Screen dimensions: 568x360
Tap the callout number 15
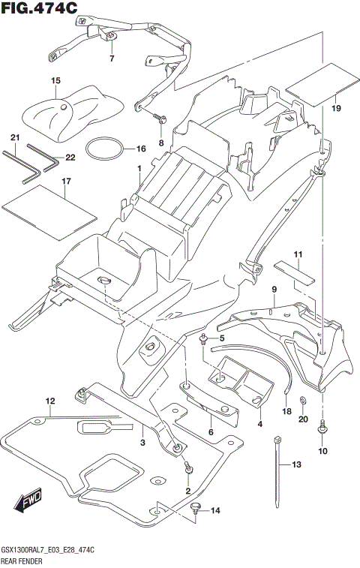pyautogui.click(x=55, y=80)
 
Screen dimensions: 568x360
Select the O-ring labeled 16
pyautogui.click(x=104, y=149)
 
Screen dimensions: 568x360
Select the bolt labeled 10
pyautogui.click(x=323, y=425)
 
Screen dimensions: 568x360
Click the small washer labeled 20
pyautogui.click(x=301, y=400)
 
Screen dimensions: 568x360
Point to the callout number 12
pyautogui.click(x=49, y=400)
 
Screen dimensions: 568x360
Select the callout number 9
pyautogui.click(x=274, y=289)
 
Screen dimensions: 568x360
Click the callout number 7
pyautogui.click(x=112, y=58)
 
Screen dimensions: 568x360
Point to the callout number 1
pyautogui.click(x=139, y=169)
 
